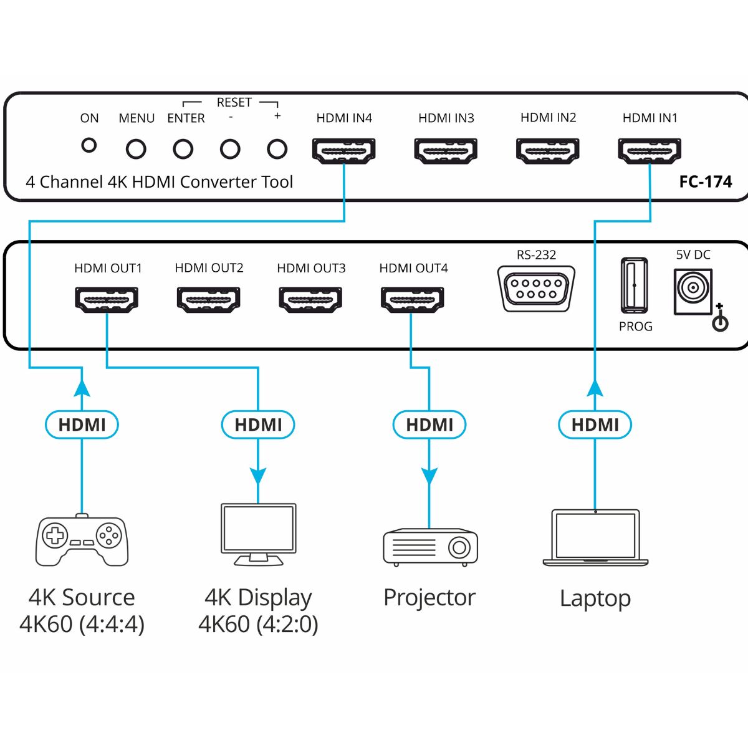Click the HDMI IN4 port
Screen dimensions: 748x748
tap(343, 150)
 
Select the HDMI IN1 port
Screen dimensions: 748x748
tap(650, 150)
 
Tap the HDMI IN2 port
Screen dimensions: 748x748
tap(548, 150)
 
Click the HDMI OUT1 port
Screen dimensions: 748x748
tap(107, 299)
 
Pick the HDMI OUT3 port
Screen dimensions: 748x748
tap(310, 299)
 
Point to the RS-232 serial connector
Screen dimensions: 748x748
tap(536, 288)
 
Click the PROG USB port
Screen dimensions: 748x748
tap(634, 285)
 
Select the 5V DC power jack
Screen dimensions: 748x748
tap(692, 290)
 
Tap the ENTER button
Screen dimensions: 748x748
tap(183, 149)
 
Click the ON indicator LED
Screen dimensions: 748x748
tap(90, 145)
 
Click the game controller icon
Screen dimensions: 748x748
tap(82, 540)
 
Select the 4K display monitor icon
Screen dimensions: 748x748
tap(258, 534)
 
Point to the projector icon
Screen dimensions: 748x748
tap(430, 547)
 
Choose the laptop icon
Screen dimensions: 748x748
tap(595, 537)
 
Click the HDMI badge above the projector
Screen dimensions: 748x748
tap(429, 424)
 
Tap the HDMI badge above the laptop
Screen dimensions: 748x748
tap(595, 424)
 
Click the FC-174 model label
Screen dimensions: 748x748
tap(705, 182)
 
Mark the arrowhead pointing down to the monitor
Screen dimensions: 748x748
tap(258, 476)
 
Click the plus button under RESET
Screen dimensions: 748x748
tap(277, 149)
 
